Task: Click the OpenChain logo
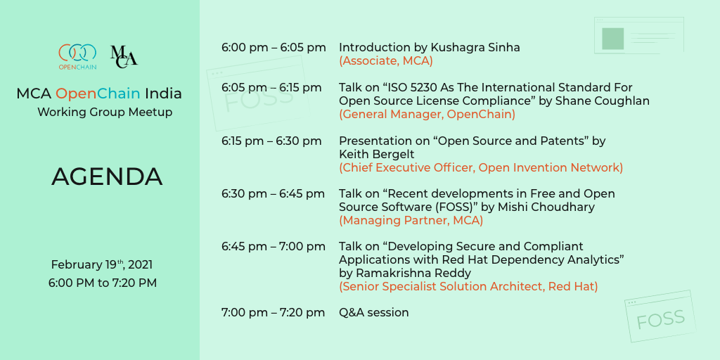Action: point(77,56)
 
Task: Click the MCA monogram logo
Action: point(124,56)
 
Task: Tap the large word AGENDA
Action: point(107,176)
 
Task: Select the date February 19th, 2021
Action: point(102,265)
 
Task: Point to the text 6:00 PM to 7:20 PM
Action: point(103,283)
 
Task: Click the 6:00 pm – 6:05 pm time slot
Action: point(274,47)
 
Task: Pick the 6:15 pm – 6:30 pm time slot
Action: point(271,141)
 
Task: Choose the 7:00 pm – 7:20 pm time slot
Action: point(274,313)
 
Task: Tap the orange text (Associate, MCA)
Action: point(386,61)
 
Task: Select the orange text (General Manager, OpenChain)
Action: point(427,115)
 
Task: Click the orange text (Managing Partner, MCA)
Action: point(411,220)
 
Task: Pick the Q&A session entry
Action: point(374,313)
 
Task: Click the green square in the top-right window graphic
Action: point(612,39)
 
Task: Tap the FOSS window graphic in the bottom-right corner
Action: point(660,316)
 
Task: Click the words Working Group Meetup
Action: point(105,112)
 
